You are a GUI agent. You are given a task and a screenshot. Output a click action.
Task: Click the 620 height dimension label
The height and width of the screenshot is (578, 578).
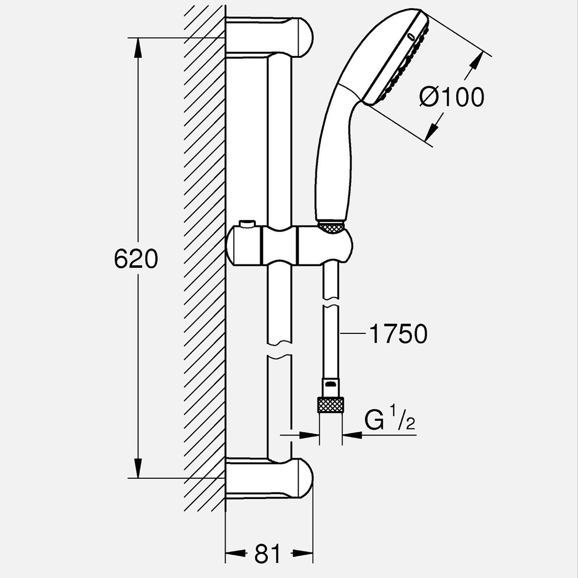click(136, 259)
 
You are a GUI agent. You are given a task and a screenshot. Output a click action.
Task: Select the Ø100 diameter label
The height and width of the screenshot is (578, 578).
click(452, 97)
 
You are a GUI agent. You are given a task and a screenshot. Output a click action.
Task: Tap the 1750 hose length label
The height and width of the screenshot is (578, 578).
click(398, 334)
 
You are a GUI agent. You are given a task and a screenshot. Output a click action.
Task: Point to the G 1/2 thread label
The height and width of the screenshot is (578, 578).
click(390, 420)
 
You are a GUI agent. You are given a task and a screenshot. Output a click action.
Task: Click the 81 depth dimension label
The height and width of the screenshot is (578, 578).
click(267, 554)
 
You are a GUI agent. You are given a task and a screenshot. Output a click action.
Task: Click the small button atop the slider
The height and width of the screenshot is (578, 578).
click(247, 223)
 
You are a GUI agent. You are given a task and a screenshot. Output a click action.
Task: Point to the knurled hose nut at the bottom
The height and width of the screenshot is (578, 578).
click(330, 405)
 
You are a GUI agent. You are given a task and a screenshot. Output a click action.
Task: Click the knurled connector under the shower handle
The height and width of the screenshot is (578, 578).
click(331, 227)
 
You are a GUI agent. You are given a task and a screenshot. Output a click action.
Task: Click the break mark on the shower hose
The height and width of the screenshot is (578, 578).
click(330, 306)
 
